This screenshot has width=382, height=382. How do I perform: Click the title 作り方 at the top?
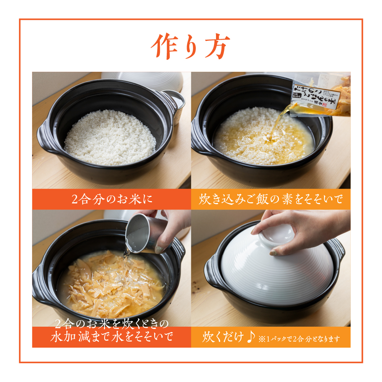[190, 47]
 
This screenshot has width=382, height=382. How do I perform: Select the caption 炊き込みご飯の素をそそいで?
[271, 199]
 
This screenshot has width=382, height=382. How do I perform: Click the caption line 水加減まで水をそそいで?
[111, 337]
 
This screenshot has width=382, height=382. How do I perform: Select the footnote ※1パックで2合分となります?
[299, 338]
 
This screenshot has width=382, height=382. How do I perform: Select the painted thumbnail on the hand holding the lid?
[274, 252]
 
